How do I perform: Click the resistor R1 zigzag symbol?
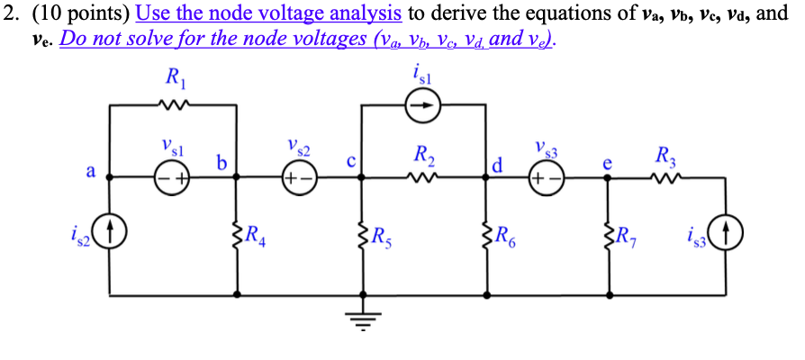pyautogui.click(x=173, y=106)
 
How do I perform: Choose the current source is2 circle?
pyautogui.click(x=111, y=237)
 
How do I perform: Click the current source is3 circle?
pyautogui.click(x=727, y=237)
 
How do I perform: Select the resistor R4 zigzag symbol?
pyautogui.click(x=237, y=237)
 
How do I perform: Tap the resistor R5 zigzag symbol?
pyautogui.click(x=363, y=237)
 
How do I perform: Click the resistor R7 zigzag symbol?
pyautogui.click(x=609, y=237)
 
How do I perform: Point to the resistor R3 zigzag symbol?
pyautogui.click(x=667, y=177)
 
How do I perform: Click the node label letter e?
pyautogui.click(x=608, y=164)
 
